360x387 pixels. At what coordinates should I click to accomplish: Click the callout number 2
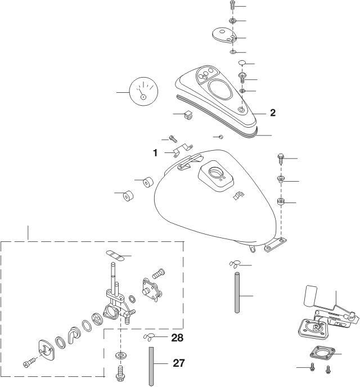[273, 113]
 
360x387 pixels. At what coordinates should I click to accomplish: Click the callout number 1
[155, 153]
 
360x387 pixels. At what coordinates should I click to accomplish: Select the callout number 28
[177, 338]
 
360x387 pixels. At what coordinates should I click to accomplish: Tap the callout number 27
[179, 363]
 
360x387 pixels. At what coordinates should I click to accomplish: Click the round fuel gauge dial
[143, 92]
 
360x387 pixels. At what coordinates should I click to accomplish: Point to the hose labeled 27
[151, 367]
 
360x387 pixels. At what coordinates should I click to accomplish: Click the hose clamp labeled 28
[149, 337]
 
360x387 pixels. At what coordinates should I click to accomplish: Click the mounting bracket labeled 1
[182, 150]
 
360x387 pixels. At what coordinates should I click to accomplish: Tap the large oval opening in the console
[220, 89]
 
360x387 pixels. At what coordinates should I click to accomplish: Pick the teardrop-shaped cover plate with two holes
[224, 34]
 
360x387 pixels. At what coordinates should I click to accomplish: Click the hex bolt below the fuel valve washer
[120, 373]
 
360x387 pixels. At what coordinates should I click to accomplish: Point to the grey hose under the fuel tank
[237, 292]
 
